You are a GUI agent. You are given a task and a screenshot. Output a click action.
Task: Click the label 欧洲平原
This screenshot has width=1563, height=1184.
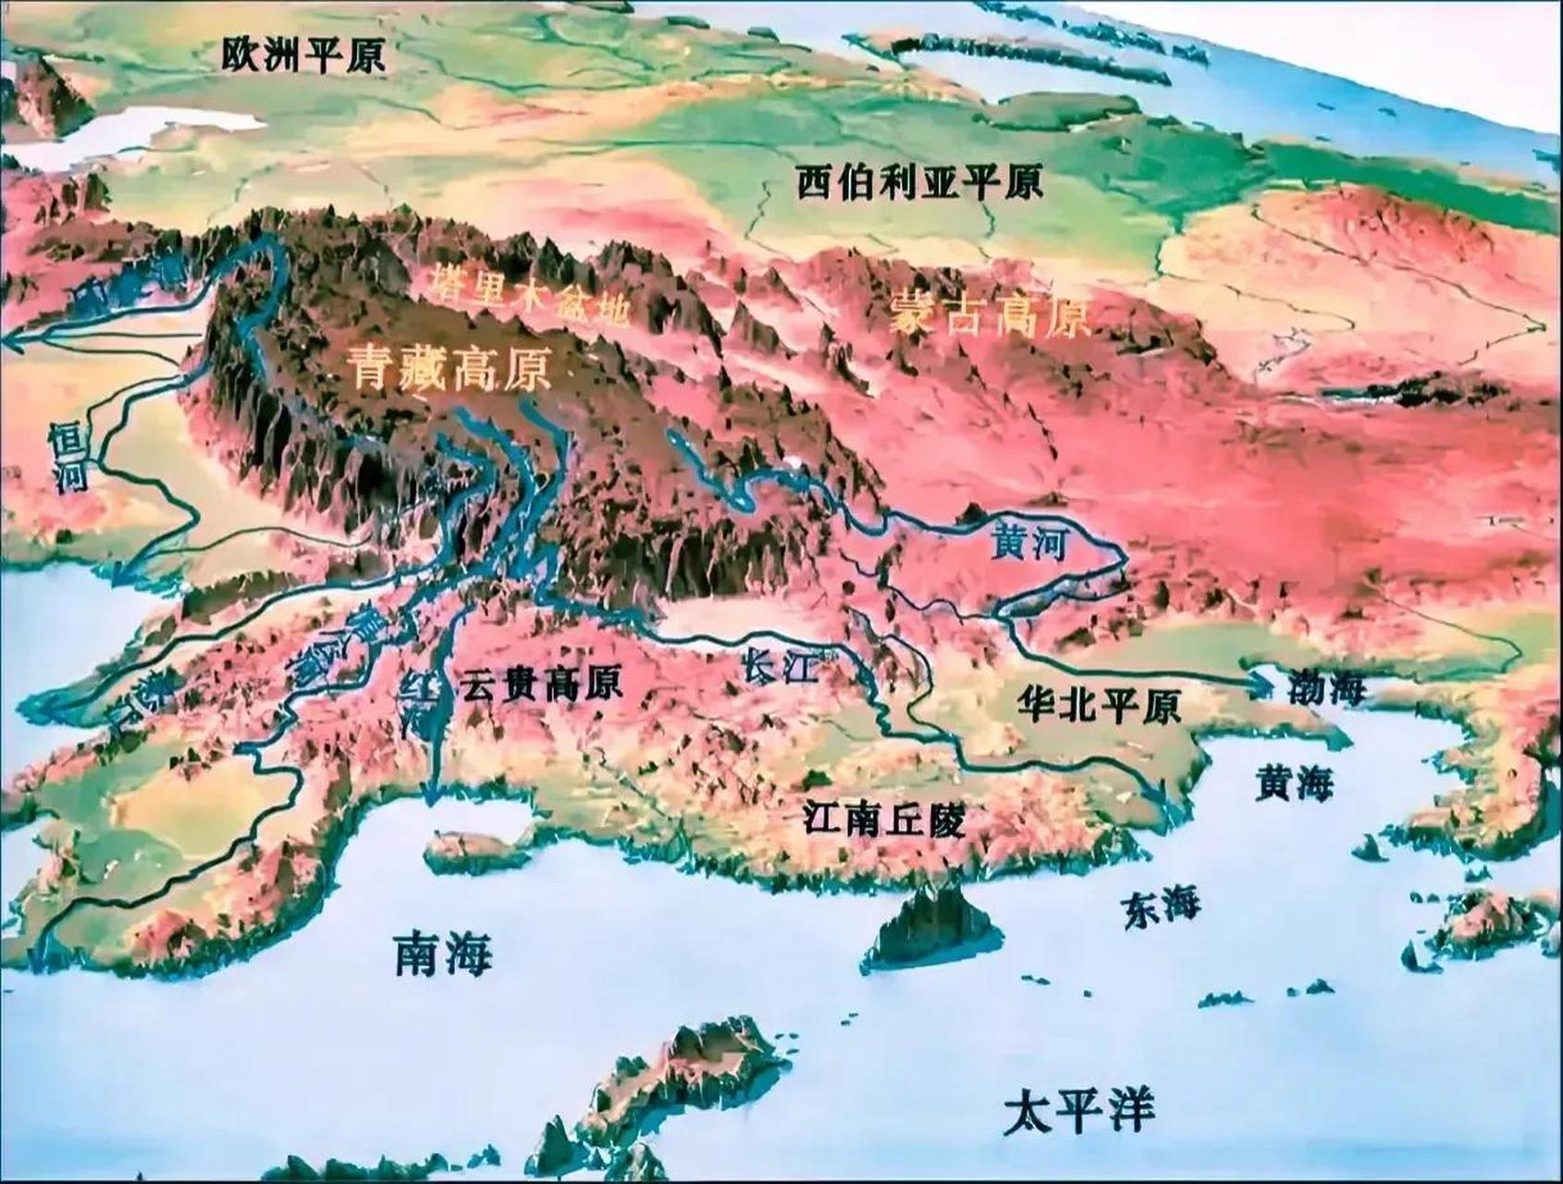(x=303, y=57)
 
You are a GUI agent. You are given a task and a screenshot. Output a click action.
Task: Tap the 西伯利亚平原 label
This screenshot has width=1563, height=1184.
(x=919, y=182)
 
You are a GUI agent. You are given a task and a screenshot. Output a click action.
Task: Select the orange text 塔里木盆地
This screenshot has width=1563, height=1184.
(x=530, y=294)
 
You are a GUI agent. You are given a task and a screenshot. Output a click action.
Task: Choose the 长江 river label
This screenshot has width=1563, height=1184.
(x=782, y=666)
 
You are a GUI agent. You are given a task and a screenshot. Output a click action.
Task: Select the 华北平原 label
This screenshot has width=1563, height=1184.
(x=1098, y=706)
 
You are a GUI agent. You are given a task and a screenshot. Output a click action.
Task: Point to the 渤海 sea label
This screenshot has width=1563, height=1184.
(x=1325, y=687)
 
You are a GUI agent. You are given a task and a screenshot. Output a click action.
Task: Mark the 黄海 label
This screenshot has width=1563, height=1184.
(x=1294, y=784)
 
